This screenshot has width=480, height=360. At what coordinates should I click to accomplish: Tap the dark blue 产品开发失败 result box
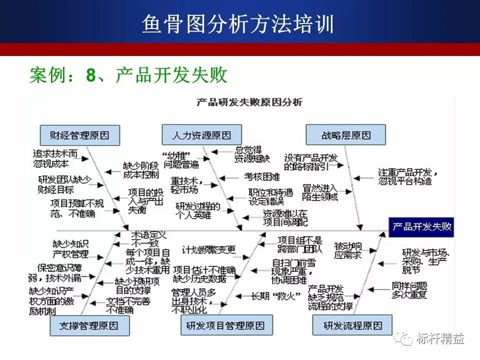tap(421, 226)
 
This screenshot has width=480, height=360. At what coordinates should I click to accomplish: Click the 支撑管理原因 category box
tap(89, 325)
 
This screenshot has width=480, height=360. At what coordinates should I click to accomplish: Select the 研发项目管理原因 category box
tap(225, 325)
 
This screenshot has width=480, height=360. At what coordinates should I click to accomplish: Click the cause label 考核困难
tap(261, 176)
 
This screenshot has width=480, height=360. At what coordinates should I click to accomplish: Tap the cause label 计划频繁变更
tap(208, 249)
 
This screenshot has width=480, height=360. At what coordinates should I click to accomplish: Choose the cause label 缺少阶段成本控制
tap(140, 169)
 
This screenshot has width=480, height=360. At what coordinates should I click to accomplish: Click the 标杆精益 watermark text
tap(440, 339)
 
